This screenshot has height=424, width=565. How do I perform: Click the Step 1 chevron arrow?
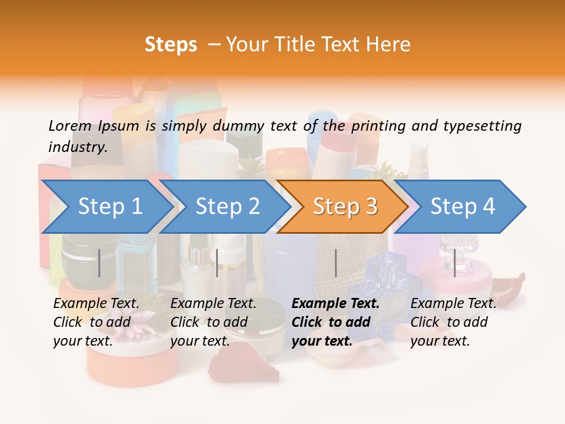click(x=109, y=207)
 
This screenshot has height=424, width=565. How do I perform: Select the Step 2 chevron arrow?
click(x=227, y=207)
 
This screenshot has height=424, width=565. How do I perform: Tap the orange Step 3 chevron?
click(x=344, y=207)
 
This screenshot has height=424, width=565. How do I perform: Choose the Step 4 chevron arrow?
click(x=462, y=207)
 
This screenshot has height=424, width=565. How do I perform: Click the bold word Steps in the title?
click(x=171, y=45)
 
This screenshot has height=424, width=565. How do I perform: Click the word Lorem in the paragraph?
click(x=70, y=125)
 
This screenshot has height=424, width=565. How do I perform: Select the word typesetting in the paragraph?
click(x=482, y=125)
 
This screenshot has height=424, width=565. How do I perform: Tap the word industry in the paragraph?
click(x=78, y=147)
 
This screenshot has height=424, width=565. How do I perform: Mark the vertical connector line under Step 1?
click(x=99, y=263)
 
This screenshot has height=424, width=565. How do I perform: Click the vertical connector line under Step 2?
click(x=217, y=263)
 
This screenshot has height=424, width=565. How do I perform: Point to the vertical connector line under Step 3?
click(x=335, y=263)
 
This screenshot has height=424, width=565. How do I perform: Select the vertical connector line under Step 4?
click(x=454, y=263)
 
